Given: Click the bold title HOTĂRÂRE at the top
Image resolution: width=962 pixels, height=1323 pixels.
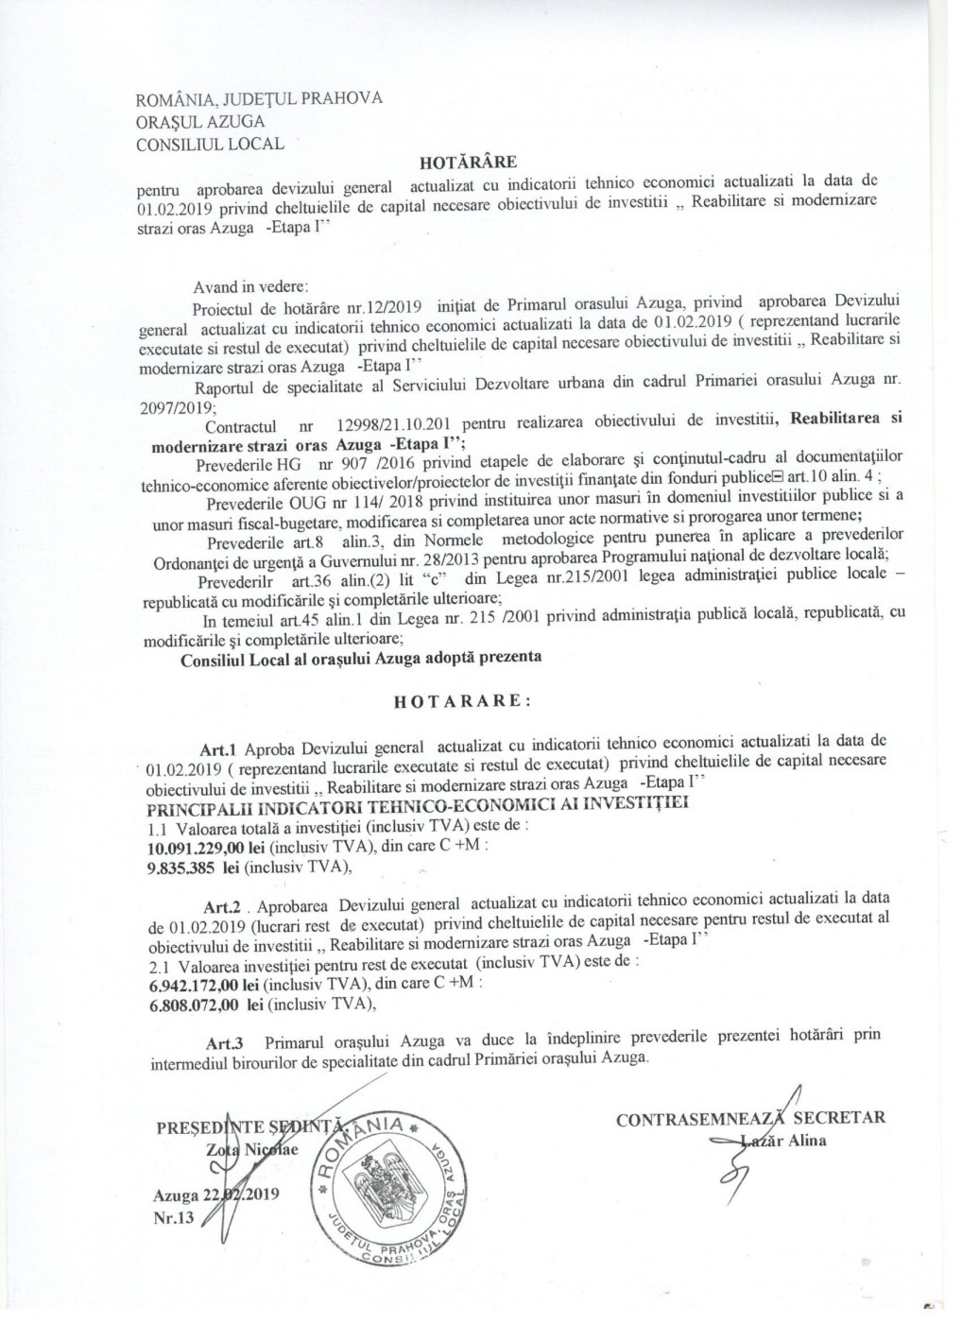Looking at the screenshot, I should pyautogui.click(x=471, y=161).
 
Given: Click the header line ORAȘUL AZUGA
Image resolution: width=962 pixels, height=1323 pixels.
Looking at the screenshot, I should pyautogui.click(x=201, y=122).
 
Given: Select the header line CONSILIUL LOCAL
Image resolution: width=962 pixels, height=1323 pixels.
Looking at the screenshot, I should pyautogui.click(x=210, y=145).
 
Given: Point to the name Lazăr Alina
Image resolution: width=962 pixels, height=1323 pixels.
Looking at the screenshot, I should pyautogui.click(x=785, y=1140).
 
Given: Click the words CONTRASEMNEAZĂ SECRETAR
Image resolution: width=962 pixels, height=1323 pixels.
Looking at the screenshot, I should pyautogui.click(x=750, y=1119).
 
